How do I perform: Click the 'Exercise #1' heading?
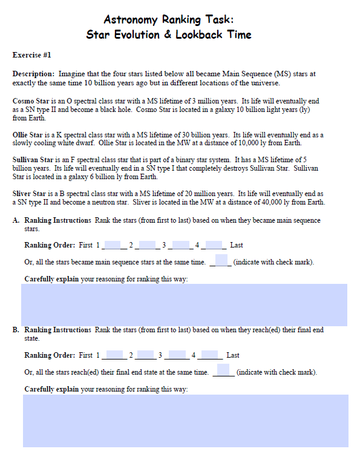pyautogui.click(x=31, y=55)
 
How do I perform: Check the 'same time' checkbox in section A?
pyautogui.click(x=221, y=260)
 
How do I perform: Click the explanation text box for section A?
pyautogui.click(x=184, y=304)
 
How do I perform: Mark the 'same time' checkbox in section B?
pyautogui.click(x=223, y=370)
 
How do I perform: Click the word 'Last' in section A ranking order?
pyautogui.click(x=237, y=246)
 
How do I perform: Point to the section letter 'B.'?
pyautogui.click(x=16, y=330)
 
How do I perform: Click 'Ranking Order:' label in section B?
pyautogui.click(x=50, y=355)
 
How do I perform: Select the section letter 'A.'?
pyautogui.click(x=16, y=221)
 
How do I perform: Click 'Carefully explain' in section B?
pyautogui.click(x=51, y=389)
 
